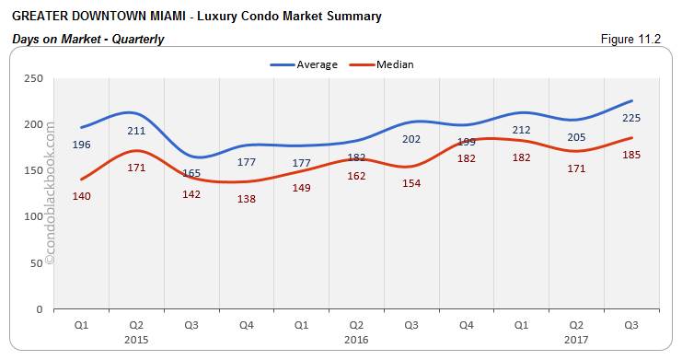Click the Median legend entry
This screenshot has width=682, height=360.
tap(394, 64)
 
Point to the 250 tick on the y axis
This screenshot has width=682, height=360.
tap(35, 78)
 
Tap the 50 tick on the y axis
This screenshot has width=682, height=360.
tap(38, 262)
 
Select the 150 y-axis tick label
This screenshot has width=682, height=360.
tap(35, 170)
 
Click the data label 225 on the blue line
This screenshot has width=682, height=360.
tap(631, 118)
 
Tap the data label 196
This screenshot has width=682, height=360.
tap(80, 144)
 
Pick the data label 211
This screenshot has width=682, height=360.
tap(135, 130)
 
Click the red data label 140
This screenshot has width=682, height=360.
tap(80, 195)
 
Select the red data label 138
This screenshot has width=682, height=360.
tap(246, 198)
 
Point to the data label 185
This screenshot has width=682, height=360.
tap(631, 155)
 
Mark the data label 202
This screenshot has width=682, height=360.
tap(411, 139)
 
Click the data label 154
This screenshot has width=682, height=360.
tap(411, 183)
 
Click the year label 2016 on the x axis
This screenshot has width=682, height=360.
tap(356, 340)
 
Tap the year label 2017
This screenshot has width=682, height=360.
tap(576, 340)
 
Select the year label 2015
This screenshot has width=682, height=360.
tap(135, 340)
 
